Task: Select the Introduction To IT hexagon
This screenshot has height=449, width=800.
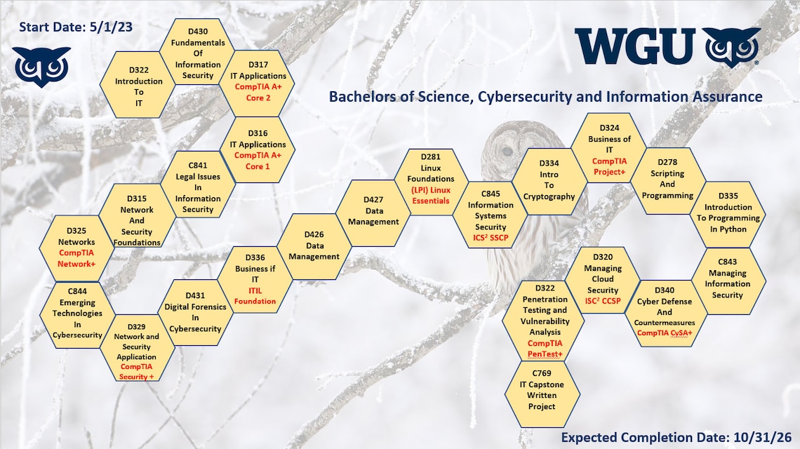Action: (138, 86)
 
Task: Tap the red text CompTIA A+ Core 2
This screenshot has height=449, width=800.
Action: (258, 92)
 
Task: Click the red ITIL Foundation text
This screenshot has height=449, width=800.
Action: (255, 295)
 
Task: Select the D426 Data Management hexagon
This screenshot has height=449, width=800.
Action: (314, 246)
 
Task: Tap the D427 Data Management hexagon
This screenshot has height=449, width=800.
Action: (373, 210)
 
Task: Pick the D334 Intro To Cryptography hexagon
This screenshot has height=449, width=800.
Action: (549, 180)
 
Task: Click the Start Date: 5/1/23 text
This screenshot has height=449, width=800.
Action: (76, 27)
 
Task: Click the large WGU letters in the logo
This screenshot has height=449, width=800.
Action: (635, 47)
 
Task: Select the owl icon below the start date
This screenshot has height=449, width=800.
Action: (42, 66)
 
